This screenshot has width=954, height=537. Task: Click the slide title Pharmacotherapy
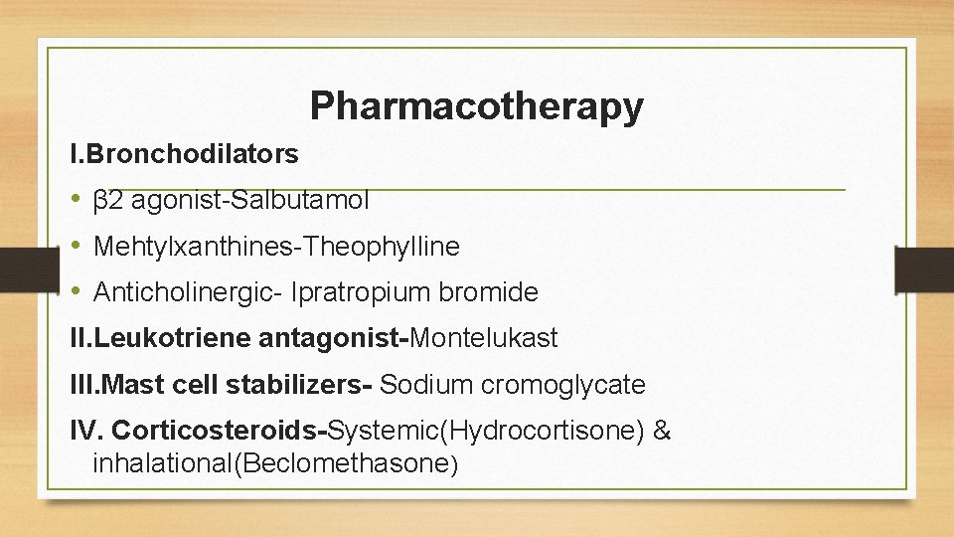tap(476, 105)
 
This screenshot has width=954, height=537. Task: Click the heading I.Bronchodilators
tap(184, 154)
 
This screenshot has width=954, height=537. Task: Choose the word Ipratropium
tap(353, 292)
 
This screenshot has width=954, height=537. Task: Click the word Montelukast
tap(484, 338)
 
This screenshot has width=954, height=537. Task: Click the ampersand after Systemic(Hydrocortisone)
tap(663, 431)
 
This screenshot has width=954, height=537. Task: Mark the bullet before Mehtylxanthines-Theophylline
tap(77, 247)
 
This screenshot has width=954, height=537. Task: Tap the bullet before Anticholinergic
tap(77, 292)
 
